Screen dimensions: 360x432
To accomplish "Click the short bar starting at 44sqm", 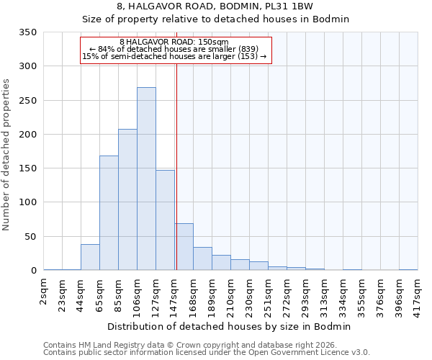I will (90, 257).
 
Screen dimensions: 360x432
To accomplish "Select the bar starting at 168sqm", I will (202, 258).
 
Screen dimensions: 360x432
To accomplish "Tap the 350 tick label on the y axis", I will (27, 32).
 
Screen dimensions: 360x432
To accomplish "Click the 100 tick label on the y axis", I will (27, 202).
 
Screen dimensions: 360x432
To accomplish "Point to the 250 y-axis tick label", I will (27, 100).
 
